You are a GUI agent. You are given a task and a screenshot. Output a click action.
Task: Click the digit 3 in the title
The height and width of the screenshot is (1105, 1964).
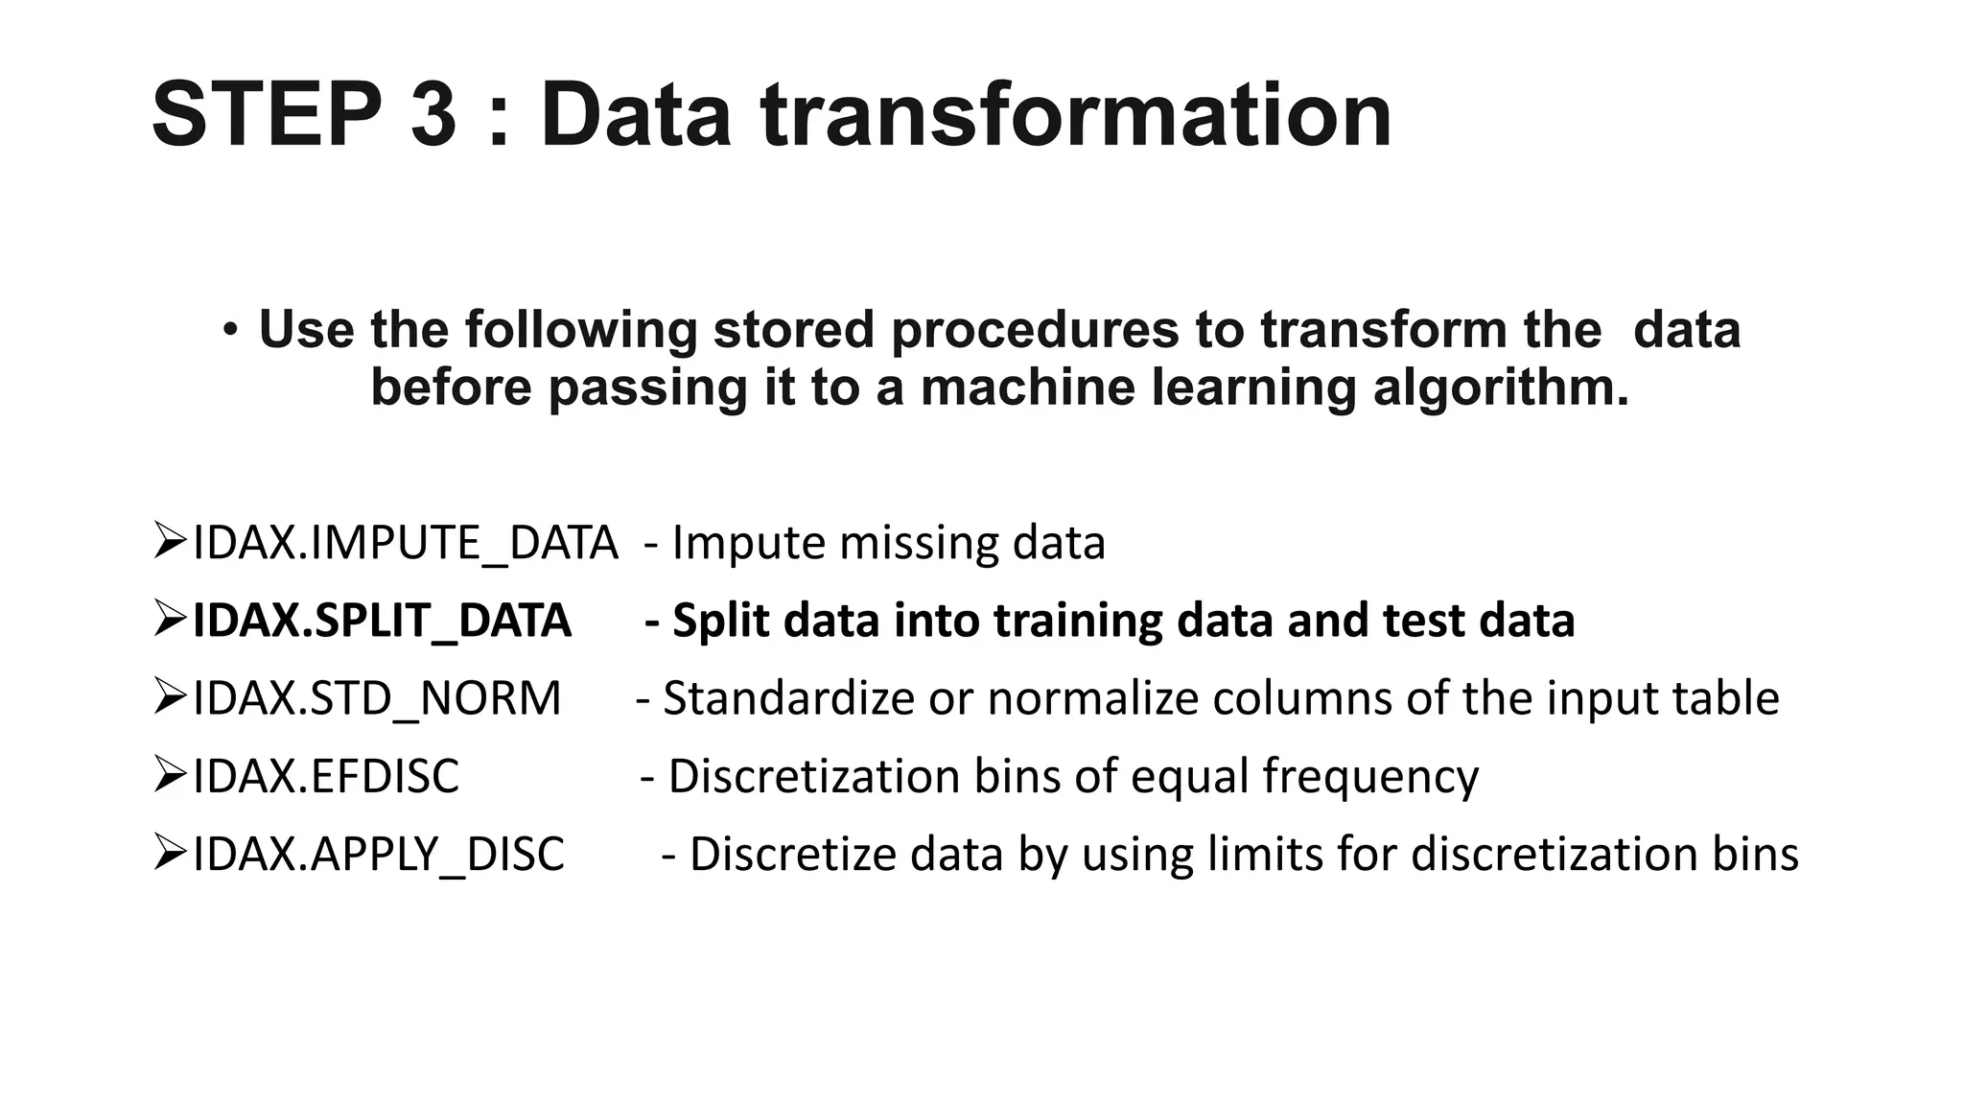(x=433, y=115)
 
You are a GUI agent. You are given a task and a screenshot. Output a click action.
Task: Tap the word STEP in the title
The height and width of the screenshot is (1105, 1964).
(x=267, y=115)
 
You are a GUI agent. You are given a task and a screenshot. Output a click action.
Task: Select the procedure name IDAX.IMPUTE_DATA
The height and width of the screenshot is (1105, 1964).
(x=405, y=544)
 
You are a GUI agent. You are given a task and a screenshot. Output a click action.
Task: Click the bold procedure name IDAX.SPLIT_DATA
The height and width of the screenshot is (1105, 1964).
(x=382, y=621)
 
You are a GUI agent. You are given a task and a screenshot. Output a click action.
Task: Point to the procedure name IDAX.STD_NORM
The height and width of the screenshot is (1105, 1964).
(x=377, y=698)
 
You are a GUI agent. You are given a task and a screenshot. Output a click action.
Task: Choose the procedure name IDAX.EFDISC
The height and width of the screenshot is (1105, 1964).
(x=326, y=776)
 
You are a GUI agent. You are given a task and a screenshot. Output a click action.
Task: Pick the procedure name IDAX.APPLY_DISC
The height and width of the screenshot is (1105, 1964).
(x=379, y=854)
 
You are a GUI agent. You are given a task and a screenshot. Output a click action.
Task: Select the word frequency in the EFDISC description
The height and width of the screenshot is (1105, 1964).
(x=1370, y=776)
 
